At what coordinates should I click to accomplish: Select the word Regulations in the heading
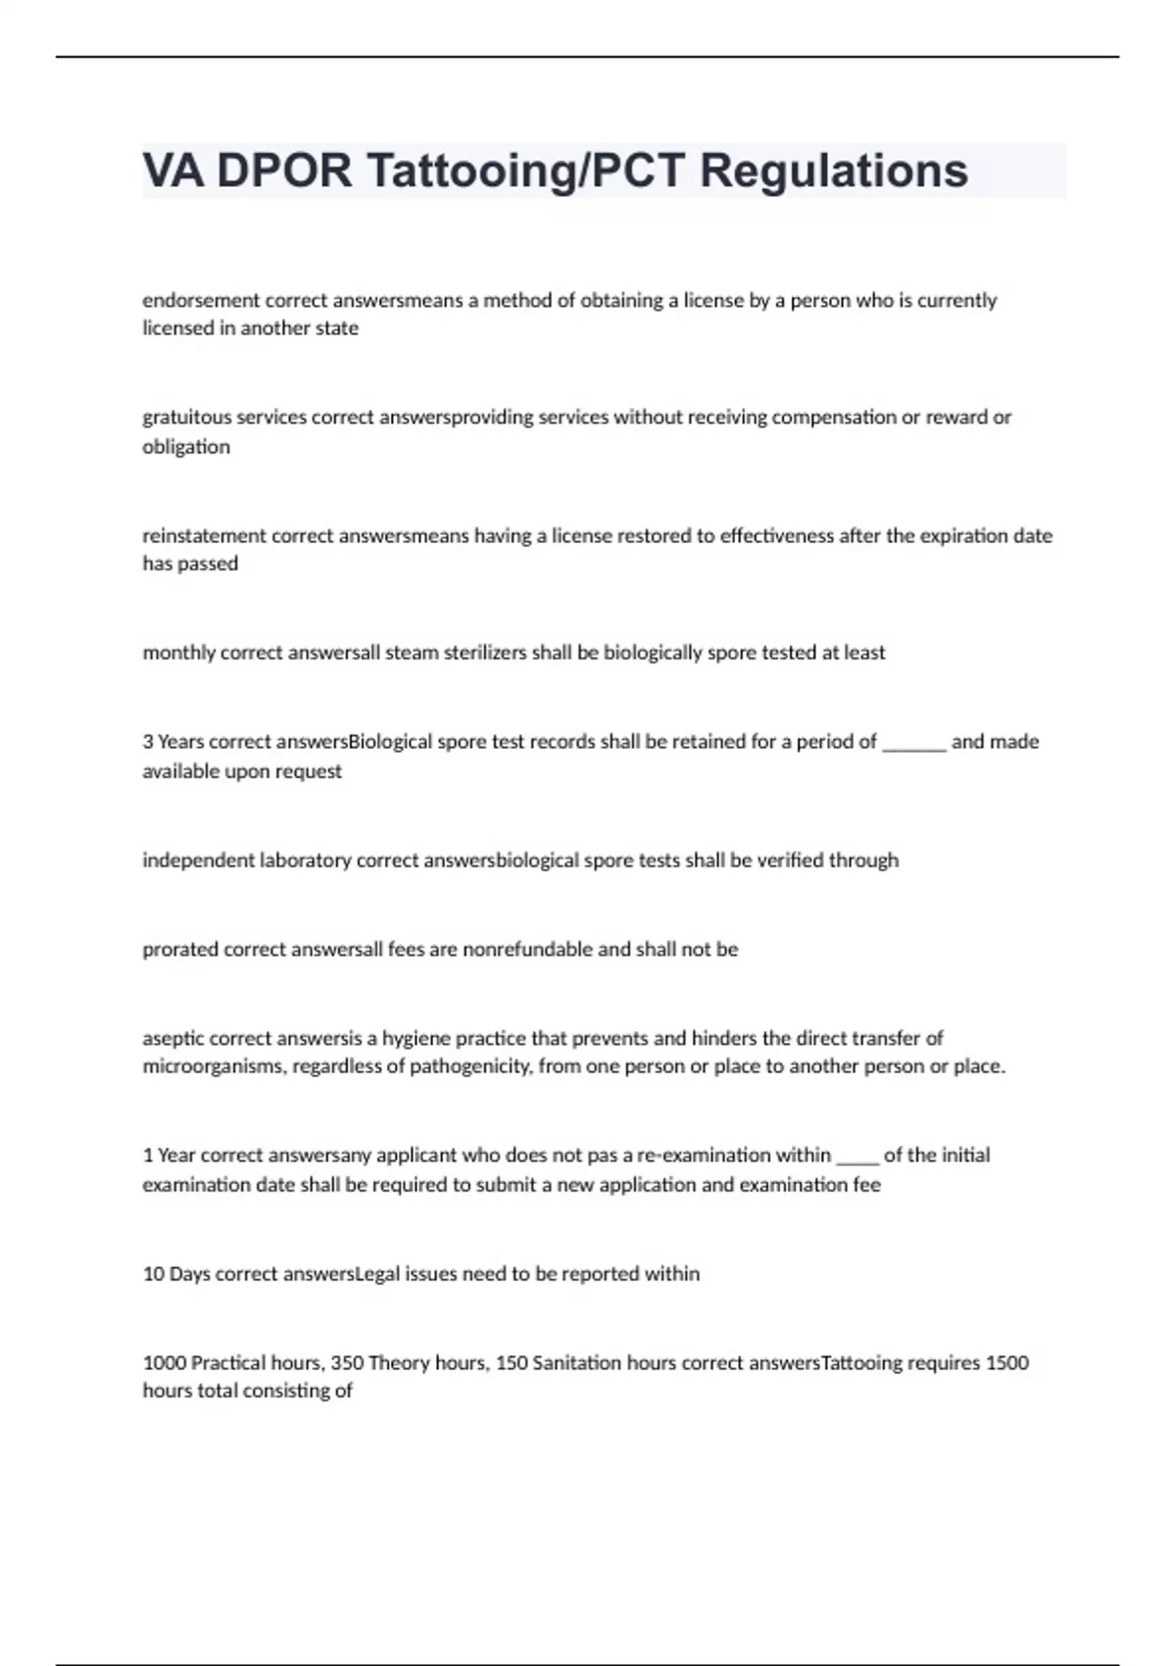(x=833, y=171)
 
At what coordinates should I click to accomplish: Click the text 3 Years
(x=173, y=742)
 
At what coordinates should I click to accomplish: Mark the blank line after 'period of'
(x=913, y=745)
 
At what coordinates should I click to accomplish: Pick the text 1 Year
(x=169, y=1155)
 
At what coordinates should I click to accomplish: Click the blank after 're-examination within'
(x=857, y=1158)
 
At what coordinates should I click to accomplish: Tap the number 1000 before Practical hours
(x=164, y=1363)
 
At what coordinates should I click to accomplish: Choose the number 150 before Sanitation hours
(x=512, y=1363)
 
